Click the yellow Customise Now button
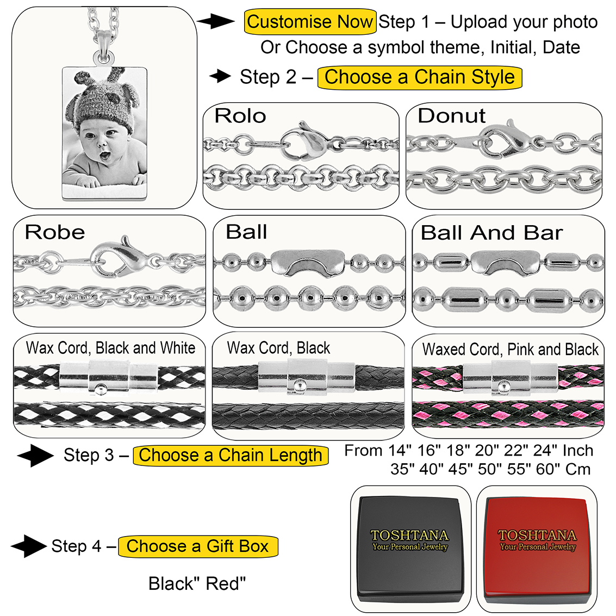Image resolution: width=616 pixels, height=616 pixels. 310,22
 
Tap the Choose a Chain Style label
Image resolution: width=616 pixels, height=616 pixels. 419,77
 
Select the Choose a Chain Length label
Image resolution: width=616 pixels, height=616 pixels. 231,455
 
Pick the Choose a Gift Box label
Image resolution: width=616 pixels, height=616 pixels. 198,546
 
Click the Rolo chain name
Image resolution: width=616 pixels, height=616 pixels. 240,116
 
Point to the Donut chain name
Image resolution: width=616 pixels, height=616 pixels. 451,116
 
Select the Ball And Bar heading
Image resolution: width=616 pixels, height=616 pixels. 491,233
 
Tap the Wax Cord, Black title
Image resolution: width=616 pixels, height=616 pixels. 278,348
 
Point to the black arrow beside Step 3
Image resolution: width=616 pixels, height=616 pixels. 36,455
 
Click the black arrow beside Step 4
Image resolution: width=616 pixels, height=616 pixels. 28,546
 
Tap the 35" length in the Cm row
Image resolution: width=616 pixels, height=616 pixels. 403,469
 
